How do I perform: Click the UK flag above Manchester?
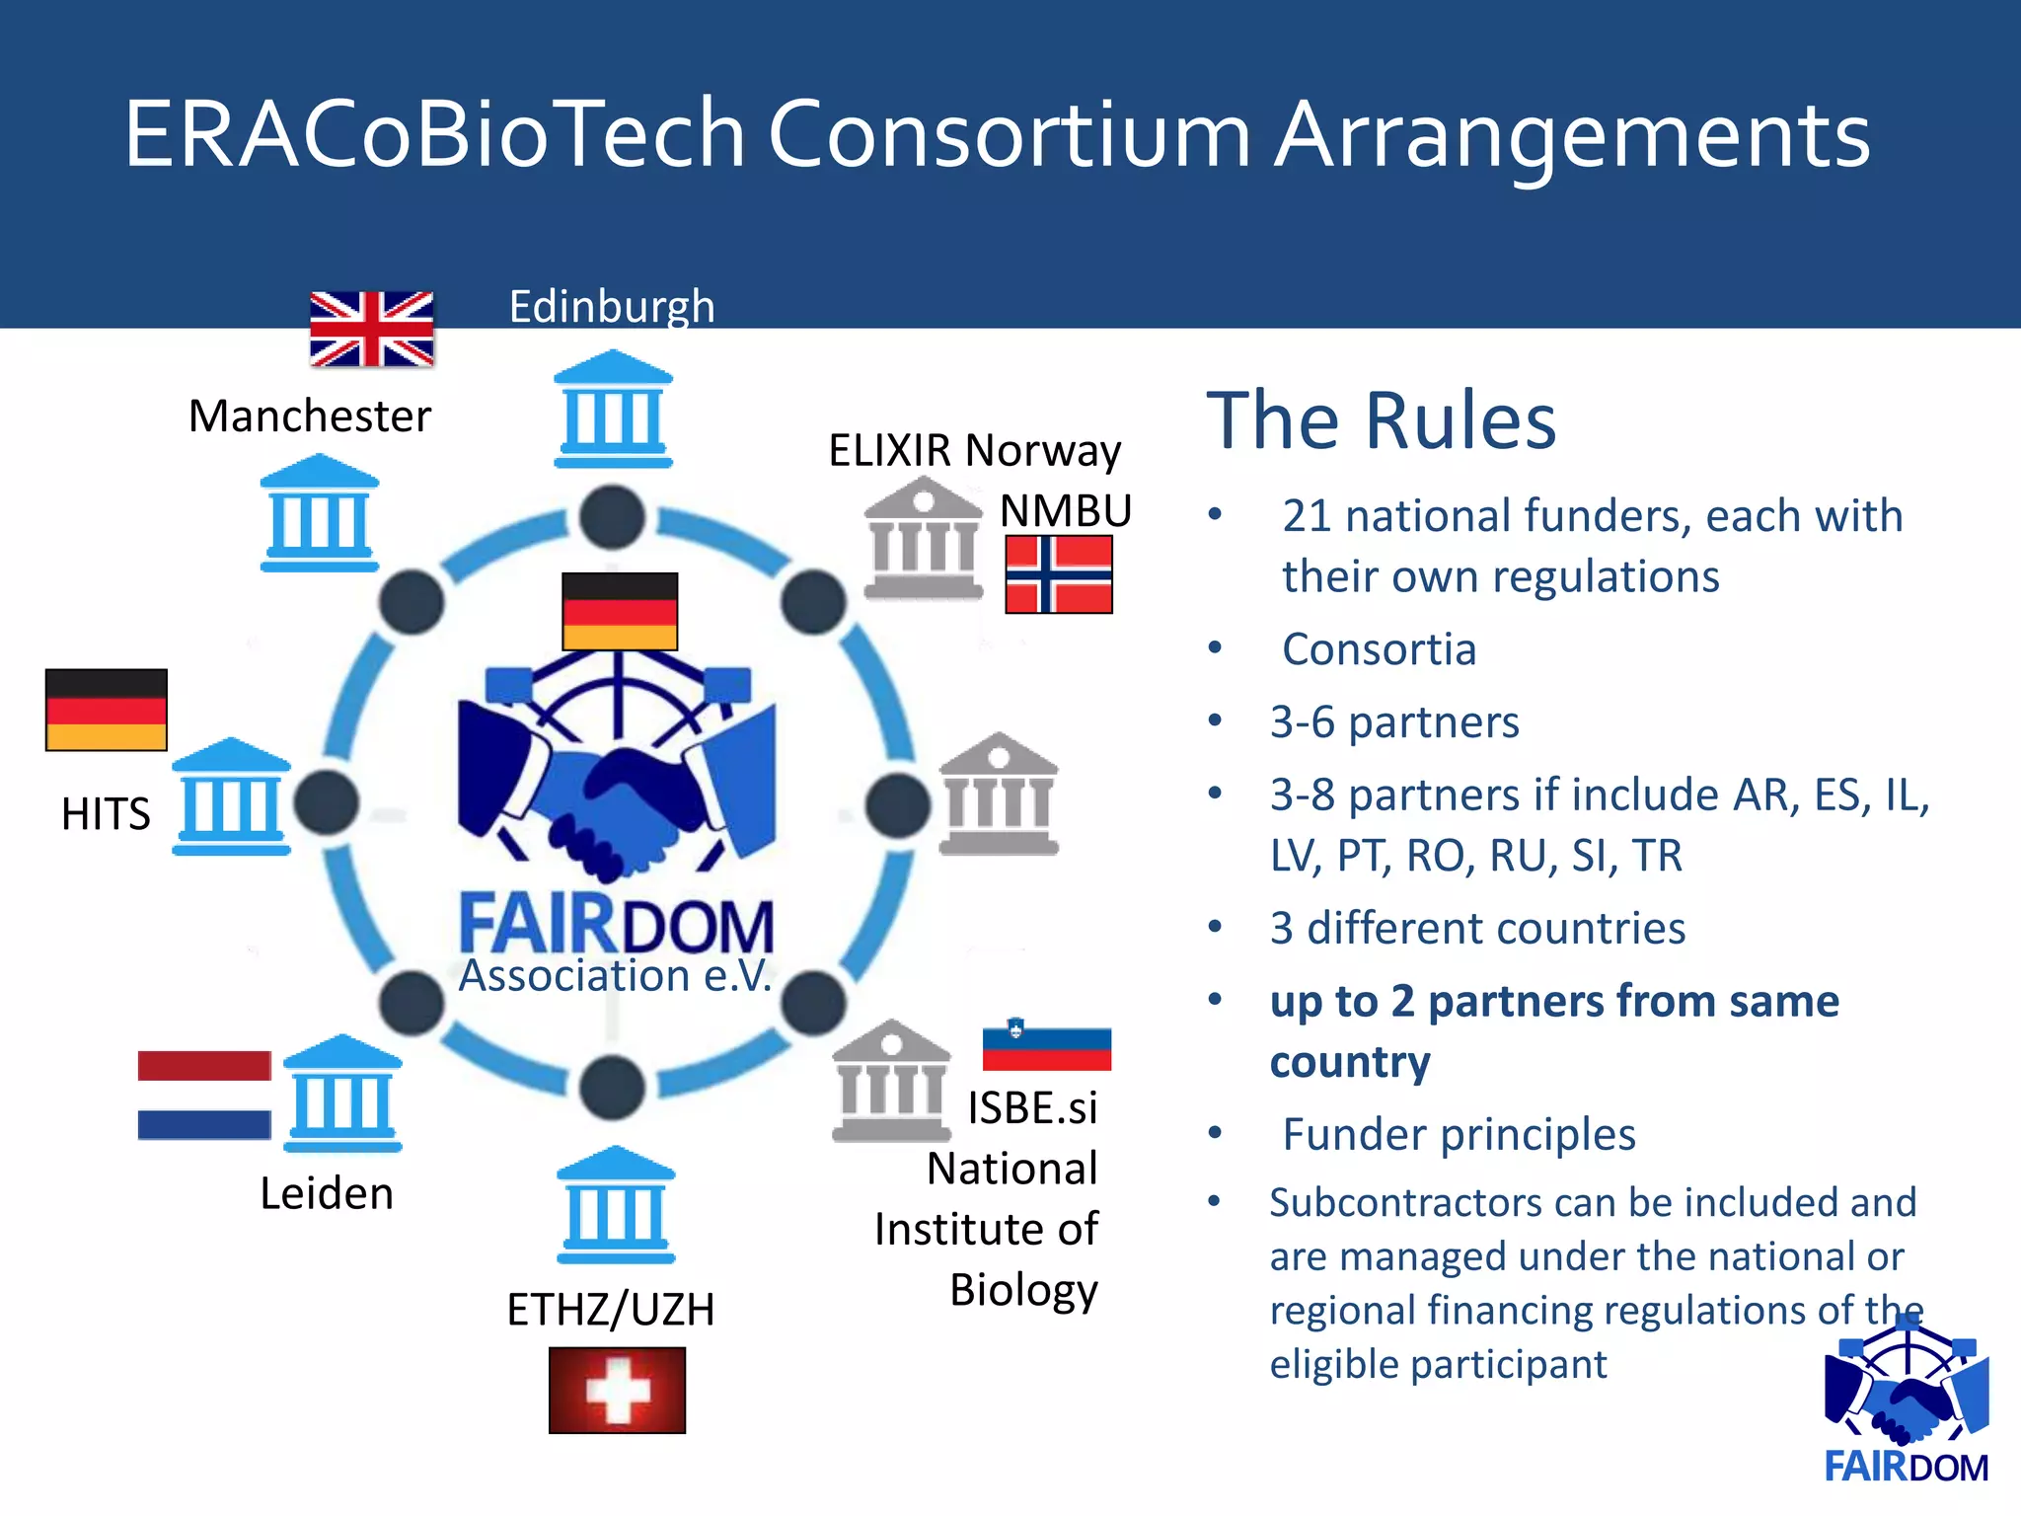pos(371,329)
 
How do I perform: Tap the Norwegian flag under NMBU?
pos(1059,574)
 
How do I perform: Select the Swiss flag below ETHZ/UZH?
pos(617,1390)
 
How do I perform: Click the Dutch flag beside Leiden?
pos(204,1095)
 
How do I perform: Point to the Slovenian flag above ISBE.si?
pos(1046,1045)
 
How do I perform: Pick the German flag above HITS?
pos(107,710)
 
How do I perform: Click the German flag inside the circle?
pos(620,611)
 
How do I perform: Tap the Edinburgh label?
pos(611,306)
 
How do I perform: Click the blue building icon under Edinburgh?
pos(613,409)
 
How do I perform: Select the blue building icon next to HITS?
pos(232,796)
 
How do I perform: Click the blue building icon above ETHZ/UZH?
pos(616,1205)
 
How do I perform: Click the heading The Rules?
pos(1381,421)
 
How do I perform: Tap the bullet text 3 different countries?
pos(1477,929)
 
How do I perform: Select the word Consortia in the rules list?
pos(1379,649)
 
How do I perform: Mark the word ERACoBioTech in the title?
pos(434,134)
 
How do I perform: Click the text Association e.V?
pos(615,976)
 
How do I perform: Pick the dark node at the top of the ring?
pos(612,516)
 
